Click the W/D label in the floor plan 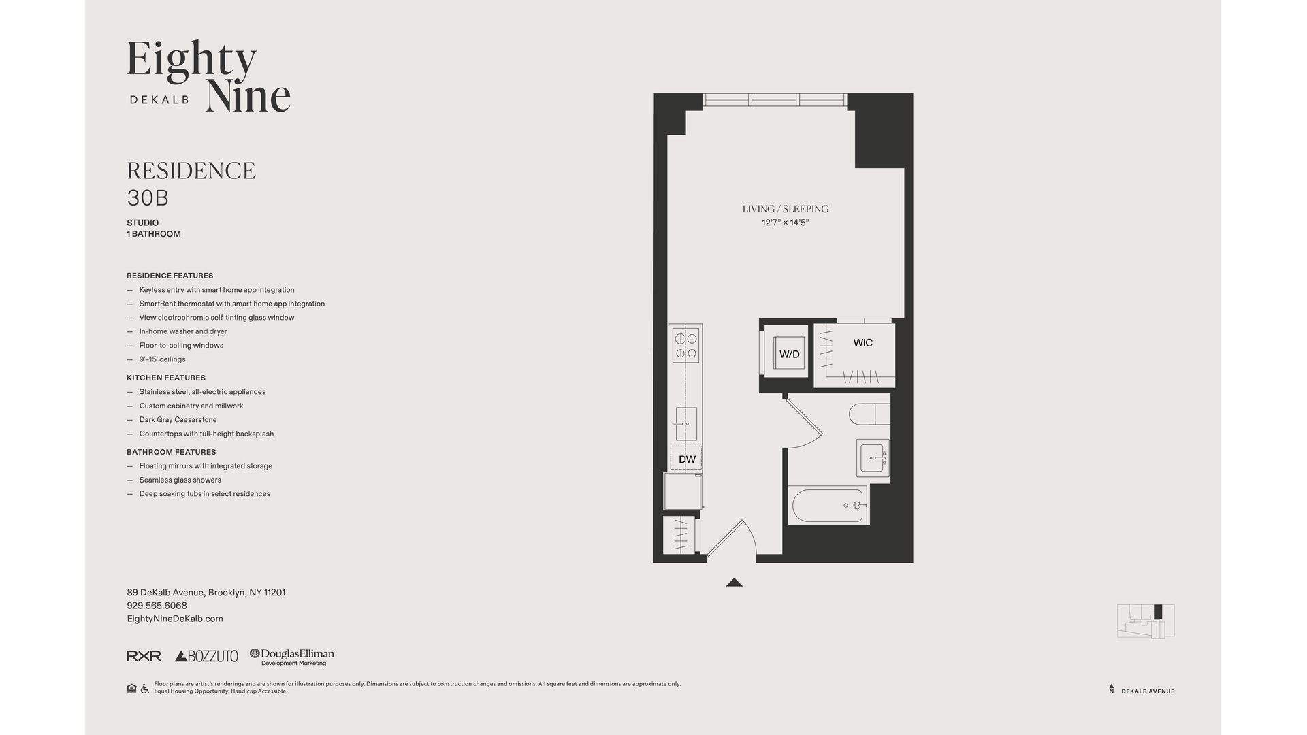click(x=789, y=354)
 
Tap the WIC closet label click(x=862, y=342)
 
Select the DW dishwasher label click(x=687, y=459)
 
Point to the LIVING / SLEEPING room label click(x=785, y=209)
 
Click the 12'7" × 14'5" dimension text click(x=785, y=223)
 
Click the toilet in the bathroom click(x=869, y=413)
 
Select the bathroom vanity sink click(x=872, y=458)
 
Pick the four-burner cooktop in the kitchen click(x=685, y=346)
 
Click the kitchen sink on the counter click(x=686, y=423)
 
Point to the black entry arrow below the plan click(x=734, y=582)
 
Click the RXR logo click(x=144, y=656)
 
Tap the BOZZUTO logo click(x=206, y=656)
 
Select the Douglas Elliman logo click(x=292, y=656)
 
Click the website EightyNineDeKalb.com click(x=175, y=619)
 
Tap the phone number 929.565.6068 click(x=157, y=606)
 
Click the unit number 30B click(x=148, y=198)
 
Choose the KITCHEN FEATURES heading click(x=165, y=378)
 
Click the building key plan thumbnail click(x=1146, y=621)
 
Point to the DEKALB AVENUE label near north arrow click(x=1148, y=691)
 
